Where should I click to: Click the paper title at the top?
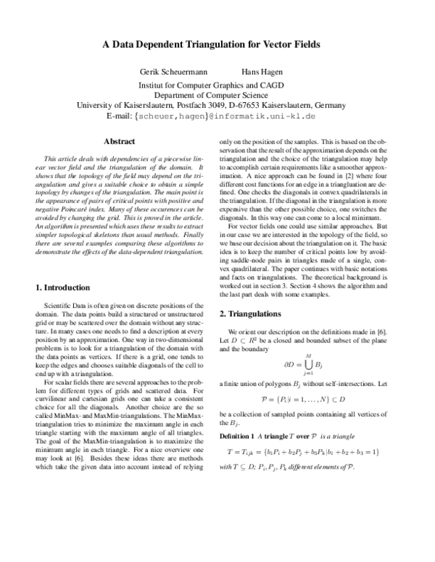click(217, 44)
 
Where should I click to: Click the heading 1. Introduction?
click(63, 288)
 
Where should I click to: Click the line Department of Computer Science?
click(217, 94)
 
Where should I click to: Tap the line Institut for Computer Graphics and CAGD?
click(217, 84)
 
